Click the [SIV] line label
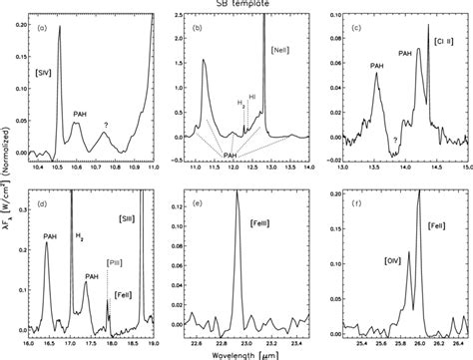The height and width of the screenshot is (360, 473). click(42, 72)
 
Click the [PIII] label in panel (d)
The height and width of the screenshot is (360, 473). click(115, 264)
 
